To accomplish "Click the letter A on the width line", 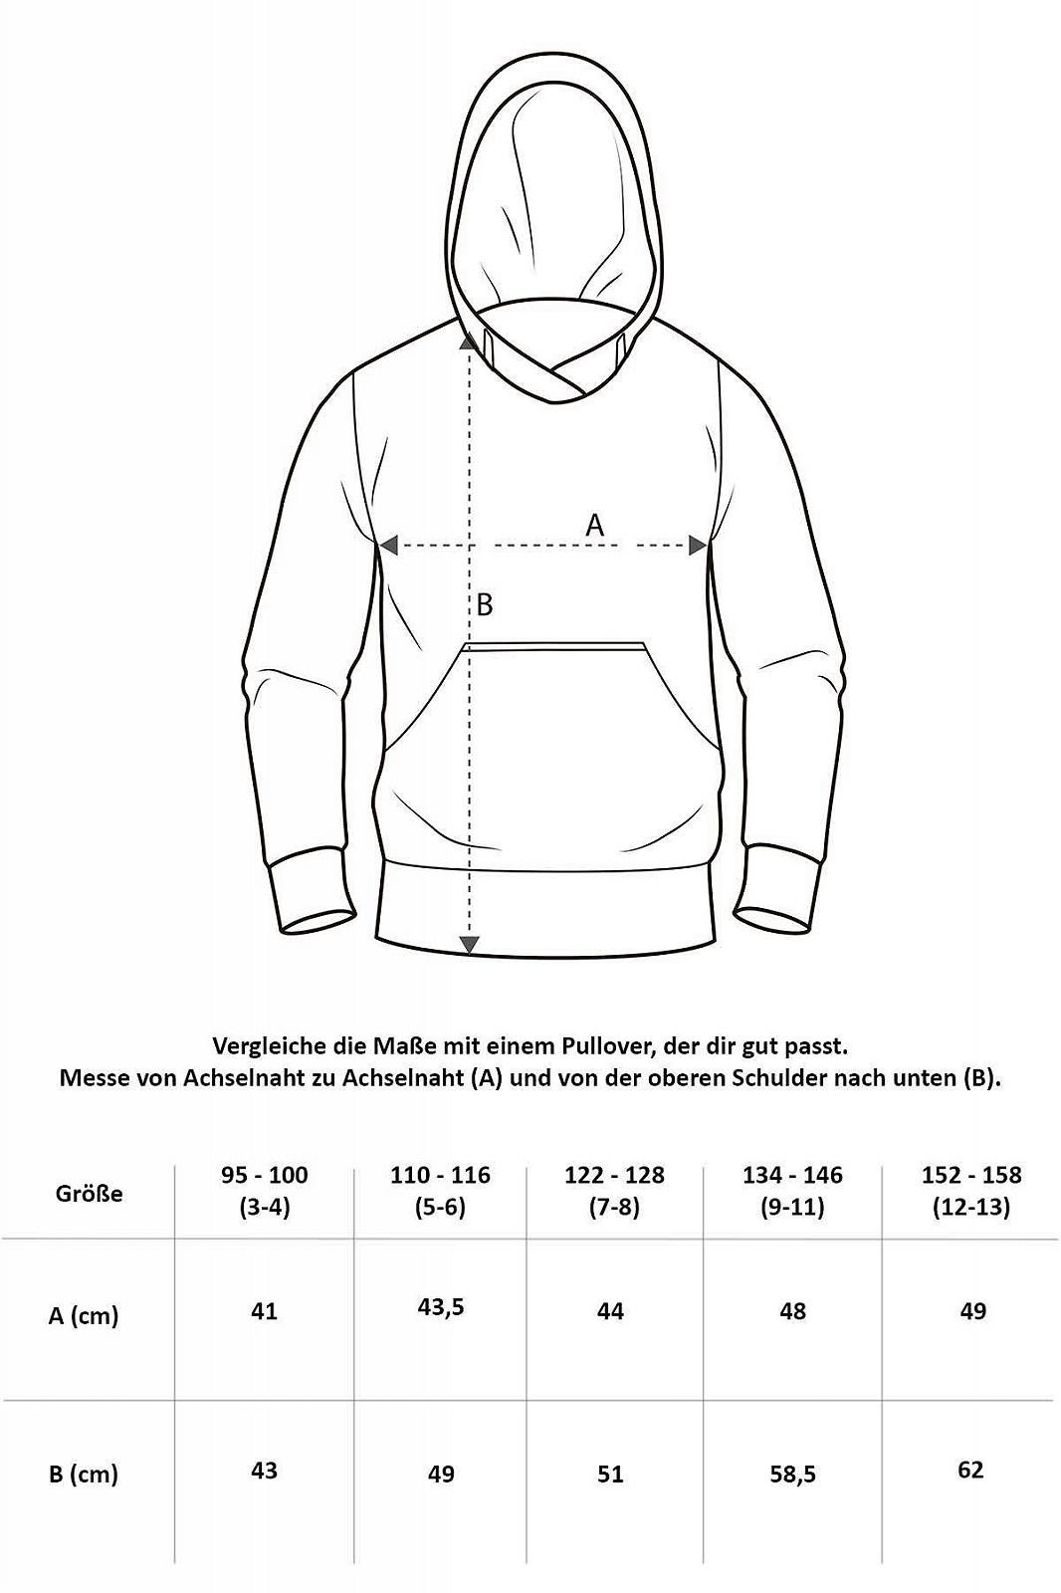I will pyautogui.click(x=594, y=525).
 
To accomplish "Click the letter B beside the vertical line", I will pyautogui.click(x=485, y=604).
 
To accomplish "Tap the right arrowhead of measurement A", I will pyautogui.click(x=698, y=545).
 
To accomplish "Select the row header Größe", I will pyautogui.click(x=90, y=1193).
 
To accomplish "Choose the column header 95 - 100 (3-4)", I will pyautogui.click(x=265, y=1191).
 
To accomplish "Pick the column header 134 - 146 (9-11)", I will pyautogui.click(x=792, y=1191).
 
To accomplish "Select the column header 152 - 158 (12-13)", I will pyautogui.click(x=971, y=1191).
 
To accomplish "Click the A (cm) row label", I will pyautogui.click(x=84, y=1315).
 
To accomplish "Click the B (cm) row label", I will pyautogui.click(x=84, y=1474).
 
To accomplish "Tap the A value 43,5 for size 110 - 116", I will pyautogui.click(x=442, y=1306).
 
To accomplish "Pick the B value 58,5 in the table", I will pyautogui.click(x=792, y=1474).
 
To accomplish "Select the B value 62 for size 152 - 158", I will pyautogui.click(x=970, y=1470).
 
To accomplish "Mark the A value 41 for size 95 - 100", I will pyautogui.click(x=264, y=1311).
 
